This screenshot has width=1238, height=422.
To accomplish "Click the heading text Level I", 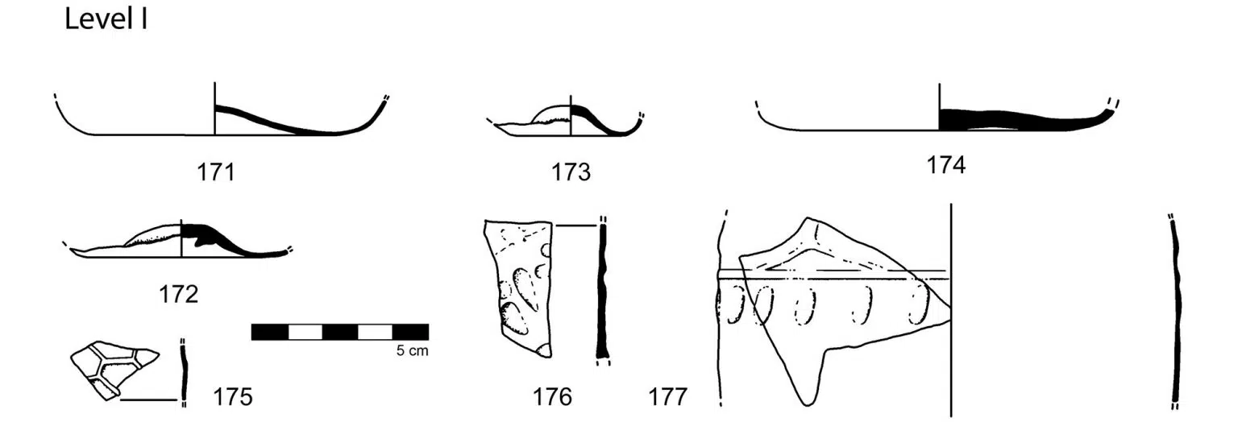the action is (106, 20).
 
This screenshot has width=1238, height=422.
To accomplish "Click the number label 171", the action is (216, 172).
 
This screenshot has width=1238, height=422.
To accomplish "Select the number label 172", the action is (178, 295).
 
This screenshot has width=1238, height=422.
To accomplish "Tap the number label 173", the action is (571, 172).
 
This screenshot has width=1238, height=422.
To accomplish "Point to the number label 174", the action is (945, 165).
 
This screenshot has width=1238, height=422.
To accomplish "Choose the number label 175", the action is (233, 396).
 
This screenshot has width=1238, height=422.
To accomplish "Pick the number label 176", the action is (552, 396).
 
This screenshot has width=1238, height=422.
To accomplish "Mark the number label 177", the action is (667, 396).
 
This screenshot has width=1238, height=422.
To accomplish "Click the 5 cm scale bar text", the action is (413, 351).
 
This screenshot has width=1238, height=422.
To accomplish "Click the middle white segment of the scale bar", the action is (340, 332).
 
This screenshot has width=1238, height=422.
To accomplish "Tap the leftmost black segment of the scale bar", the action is (270, 332).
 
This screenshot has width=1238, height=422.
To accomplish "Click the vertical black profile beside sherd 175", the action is (184, 374).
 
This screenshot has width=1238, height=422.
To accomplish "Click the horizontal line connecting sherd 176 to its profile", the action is (576, 225).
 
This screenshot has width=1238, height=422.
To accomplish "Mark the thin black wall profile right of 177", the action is (1176, 312).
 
